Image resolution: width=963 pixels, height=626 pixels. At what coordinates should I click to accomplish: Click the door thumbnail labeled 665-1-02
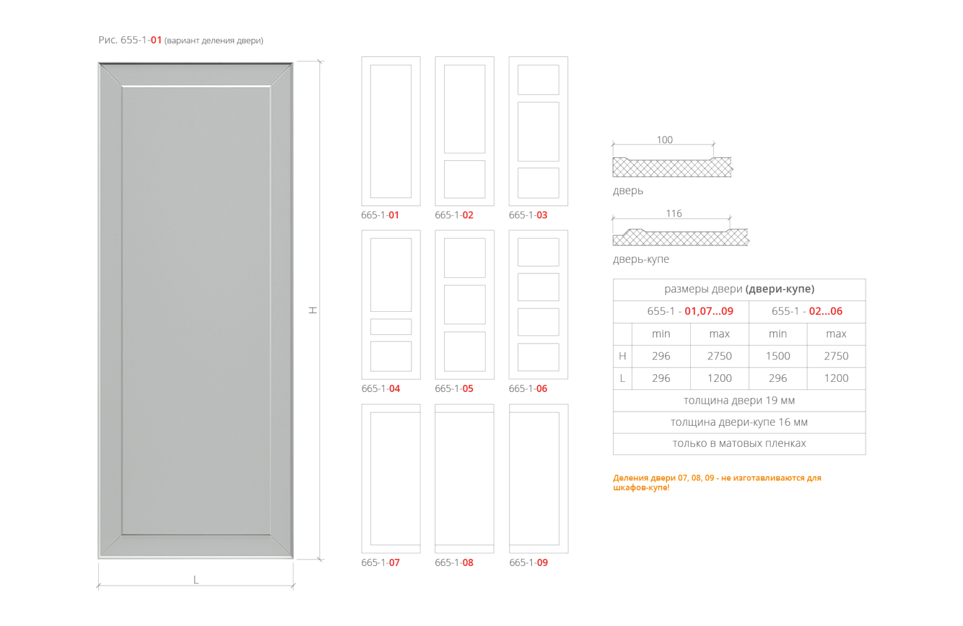point(464,131)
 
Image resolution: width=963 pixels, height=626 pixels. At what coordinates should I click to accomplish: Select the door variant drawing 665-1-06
point(538,305)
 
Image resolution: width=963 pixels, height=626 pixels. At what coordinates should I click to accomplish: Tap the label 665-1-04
point(380,389)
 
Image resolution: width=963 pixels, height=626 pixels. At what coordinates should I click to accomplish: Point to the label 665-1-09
point(528,563)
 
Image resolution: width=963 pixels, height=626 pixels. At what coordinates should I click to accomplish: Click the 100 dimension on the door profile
point(665,140)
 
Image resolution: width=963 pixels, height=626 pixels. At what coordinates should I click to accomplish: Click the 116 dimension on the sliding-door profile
point(674,213)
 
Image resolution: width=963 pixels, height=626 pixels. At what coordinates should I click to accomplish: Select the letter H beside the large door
point(313,310)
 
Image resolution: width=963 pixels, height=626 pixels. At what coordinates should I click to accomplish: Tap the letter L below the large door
point(196,580)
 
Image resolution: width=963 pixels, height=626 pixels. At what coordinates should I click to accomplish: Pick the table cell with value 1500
point(777,356)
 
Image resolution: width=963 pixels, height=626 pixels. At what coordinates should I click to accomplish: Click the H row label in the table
point(622,356)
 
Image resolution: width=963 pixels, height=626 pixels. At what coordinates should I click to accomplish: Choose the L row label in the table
point(622,378)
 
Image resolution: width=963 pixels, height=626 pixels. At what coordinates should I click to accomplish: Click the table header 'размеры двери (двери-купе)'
point(739,289)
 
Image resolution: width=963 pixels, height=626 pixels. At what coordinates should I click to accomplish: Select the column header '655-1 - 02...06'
point(807,311)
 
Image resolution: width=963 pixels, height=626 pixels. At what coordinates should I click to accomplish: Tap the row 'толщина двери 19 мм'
point(739,401)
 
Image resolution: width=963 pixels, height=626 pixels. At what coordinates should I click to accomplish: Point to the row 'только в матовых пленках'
point(739,444)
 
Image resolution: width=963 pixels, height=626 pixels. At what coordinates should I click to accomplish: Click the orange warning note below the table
point(716,483)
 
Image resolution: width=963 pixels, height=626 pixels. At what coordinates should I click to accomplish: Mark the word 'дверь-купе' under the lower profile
point(641,259)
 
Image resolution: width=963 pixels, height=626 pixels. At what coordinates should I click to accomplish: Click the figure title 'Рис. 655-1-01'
point(130,41)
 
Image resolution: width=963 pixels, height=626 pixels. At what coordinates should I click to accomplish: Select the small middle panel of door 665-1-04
point(391,327)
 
